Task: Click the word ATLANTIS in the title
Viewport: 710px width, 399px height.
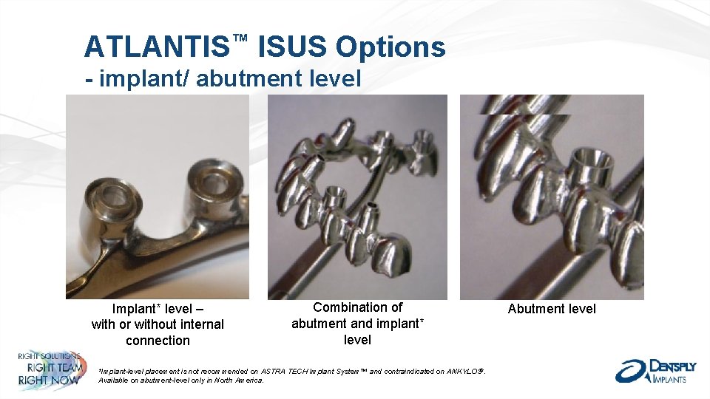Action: (x=156, y=47)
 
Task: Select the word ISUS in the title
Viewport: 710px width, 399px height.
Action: (x=292, y=47)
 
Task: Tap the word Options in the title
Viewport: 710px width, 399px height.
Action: (x=390, y=47)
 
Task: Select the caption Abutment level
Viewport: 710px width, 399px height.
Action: (x=552, y=309)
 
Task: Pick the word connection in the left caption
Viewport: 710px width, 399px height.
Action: (x=158, y=341)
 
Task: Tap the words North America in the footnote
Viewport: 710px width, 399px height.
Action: (x=241, y=380)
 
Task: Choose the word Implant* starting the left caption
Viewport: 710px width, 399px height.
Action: (x=138, y=308)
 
